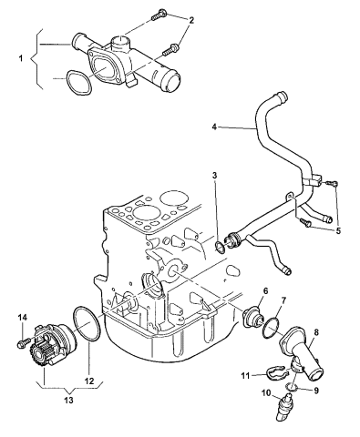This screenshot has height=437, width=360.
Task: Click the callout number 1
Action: click(21, 58)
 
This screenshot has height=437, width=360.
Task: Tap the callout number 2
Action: click(191, 20)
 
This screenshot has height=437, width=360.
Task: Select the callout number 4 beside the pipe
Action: click(214, 127)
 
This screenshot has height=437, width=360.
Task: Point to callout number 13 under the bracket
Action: click(69, 401)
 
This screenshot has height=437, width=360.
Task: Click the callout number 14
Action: click(23, 318)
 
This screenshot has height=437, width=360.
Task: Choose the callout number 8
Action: click(316, 332)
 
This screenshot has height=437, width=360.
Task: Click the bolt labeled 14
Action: click(24, 342)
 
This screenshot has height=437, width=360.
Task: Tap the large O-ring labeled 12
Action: click(87, 325)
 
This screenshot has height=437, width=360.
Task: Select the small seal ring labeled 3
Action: click(220, 247)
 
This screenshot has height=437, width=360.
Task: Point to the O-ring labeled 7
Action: click(270, 328)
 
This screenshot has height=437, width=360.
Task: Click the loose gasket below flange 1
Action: click(78, 83)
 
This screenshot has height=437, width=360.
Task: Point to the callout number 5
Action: click(338, 230)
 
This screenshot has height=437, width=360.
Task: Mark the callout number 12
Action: click(90, 381)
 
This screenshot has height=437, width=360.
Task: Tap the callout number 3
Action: click(214, 175)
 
